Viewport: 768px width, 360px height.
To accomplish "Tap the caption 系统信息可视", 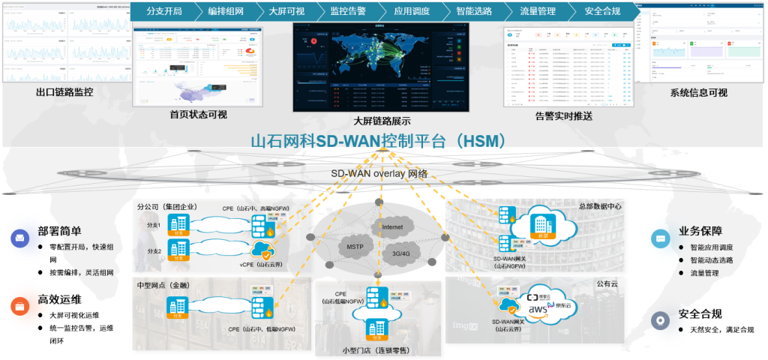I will [x=698, y=93].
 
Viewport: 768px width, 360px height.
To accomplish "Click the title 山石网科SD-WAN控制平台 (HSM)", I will [x=382, y=141].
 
